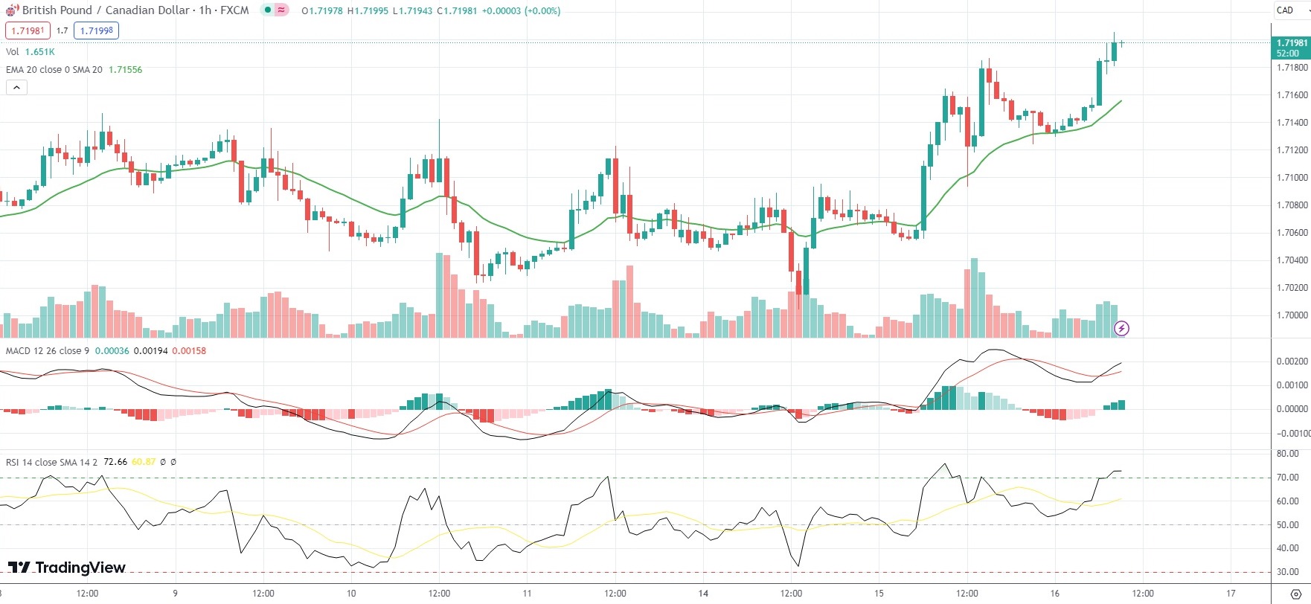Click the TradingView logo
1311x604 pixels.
(67, 568)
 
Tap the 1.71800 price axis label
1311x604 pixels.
(1292, 68)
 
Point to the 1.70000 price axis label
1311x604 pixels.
(1292, 315)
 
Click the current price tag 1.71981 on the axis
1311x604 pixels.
(1292, 43)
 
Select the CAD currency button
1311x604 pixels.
(1285, 10)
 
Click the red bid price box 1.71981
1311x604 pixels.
(28, 30)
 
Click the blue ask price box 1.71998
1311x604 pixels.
(96, 30)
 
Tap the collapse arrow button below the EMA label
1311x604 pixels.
(16, 87)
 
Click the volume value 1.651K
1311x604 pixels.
(39, 52)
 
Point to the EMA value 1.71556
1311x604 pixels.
(125, 70)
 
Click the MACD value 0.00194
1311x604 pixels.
(150, 351)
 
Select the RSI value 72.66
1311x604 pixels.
(115, 462)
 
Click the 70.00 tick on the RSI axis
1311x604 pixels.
(1287, 478)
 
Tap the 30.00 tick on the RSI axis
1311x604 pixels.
(1287, 572)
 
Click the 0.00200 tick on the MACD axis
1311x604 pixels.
(1292, 362)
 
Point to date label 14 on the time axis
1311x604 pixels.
(703, 594)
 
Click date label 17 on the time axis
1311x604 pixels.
(1231, 594)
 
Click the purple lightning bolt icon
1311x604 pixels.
(1121, 328)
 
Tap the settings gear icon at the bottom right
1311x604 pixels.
(1295, 594)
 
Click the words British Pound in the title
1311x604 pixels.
(57, 10)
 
